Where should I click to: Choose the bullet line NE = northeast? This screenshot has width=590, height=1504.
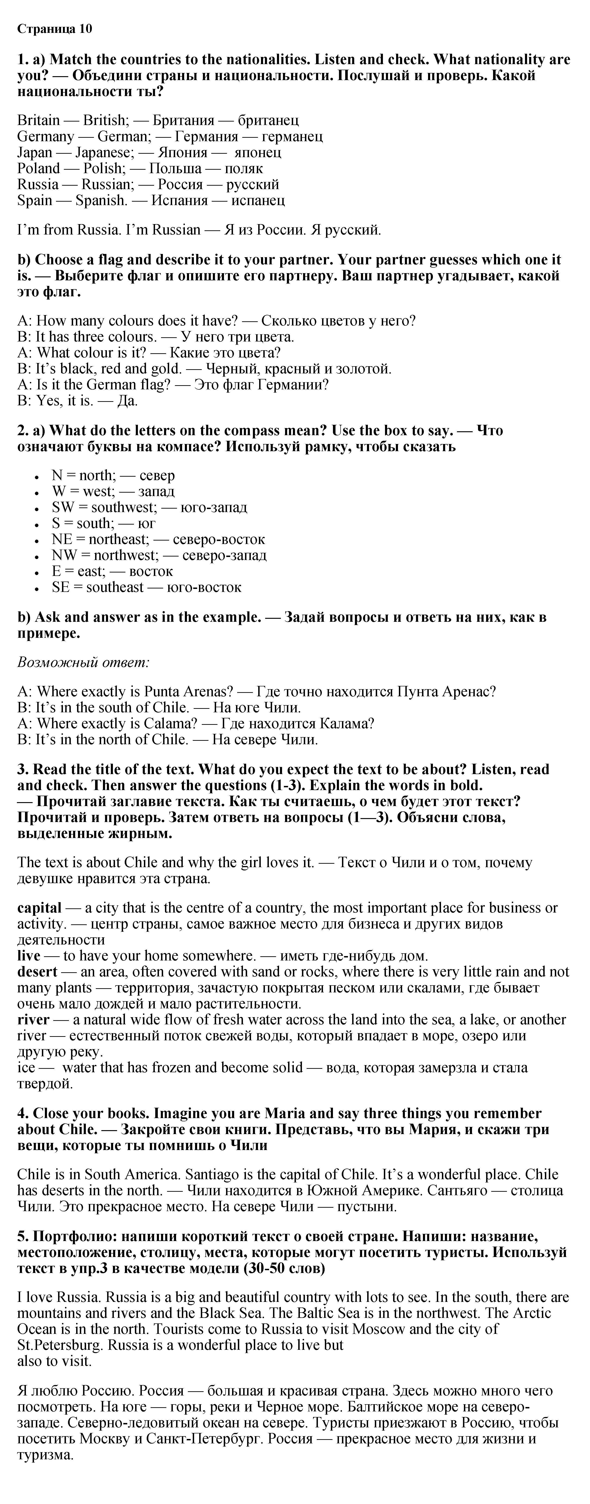tap(158, 539)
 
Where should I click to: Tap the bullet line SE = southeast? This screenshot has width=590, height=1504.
tap(146, 587)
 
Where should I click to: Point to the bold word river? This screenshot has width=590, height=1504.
tap(33, 1020)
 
